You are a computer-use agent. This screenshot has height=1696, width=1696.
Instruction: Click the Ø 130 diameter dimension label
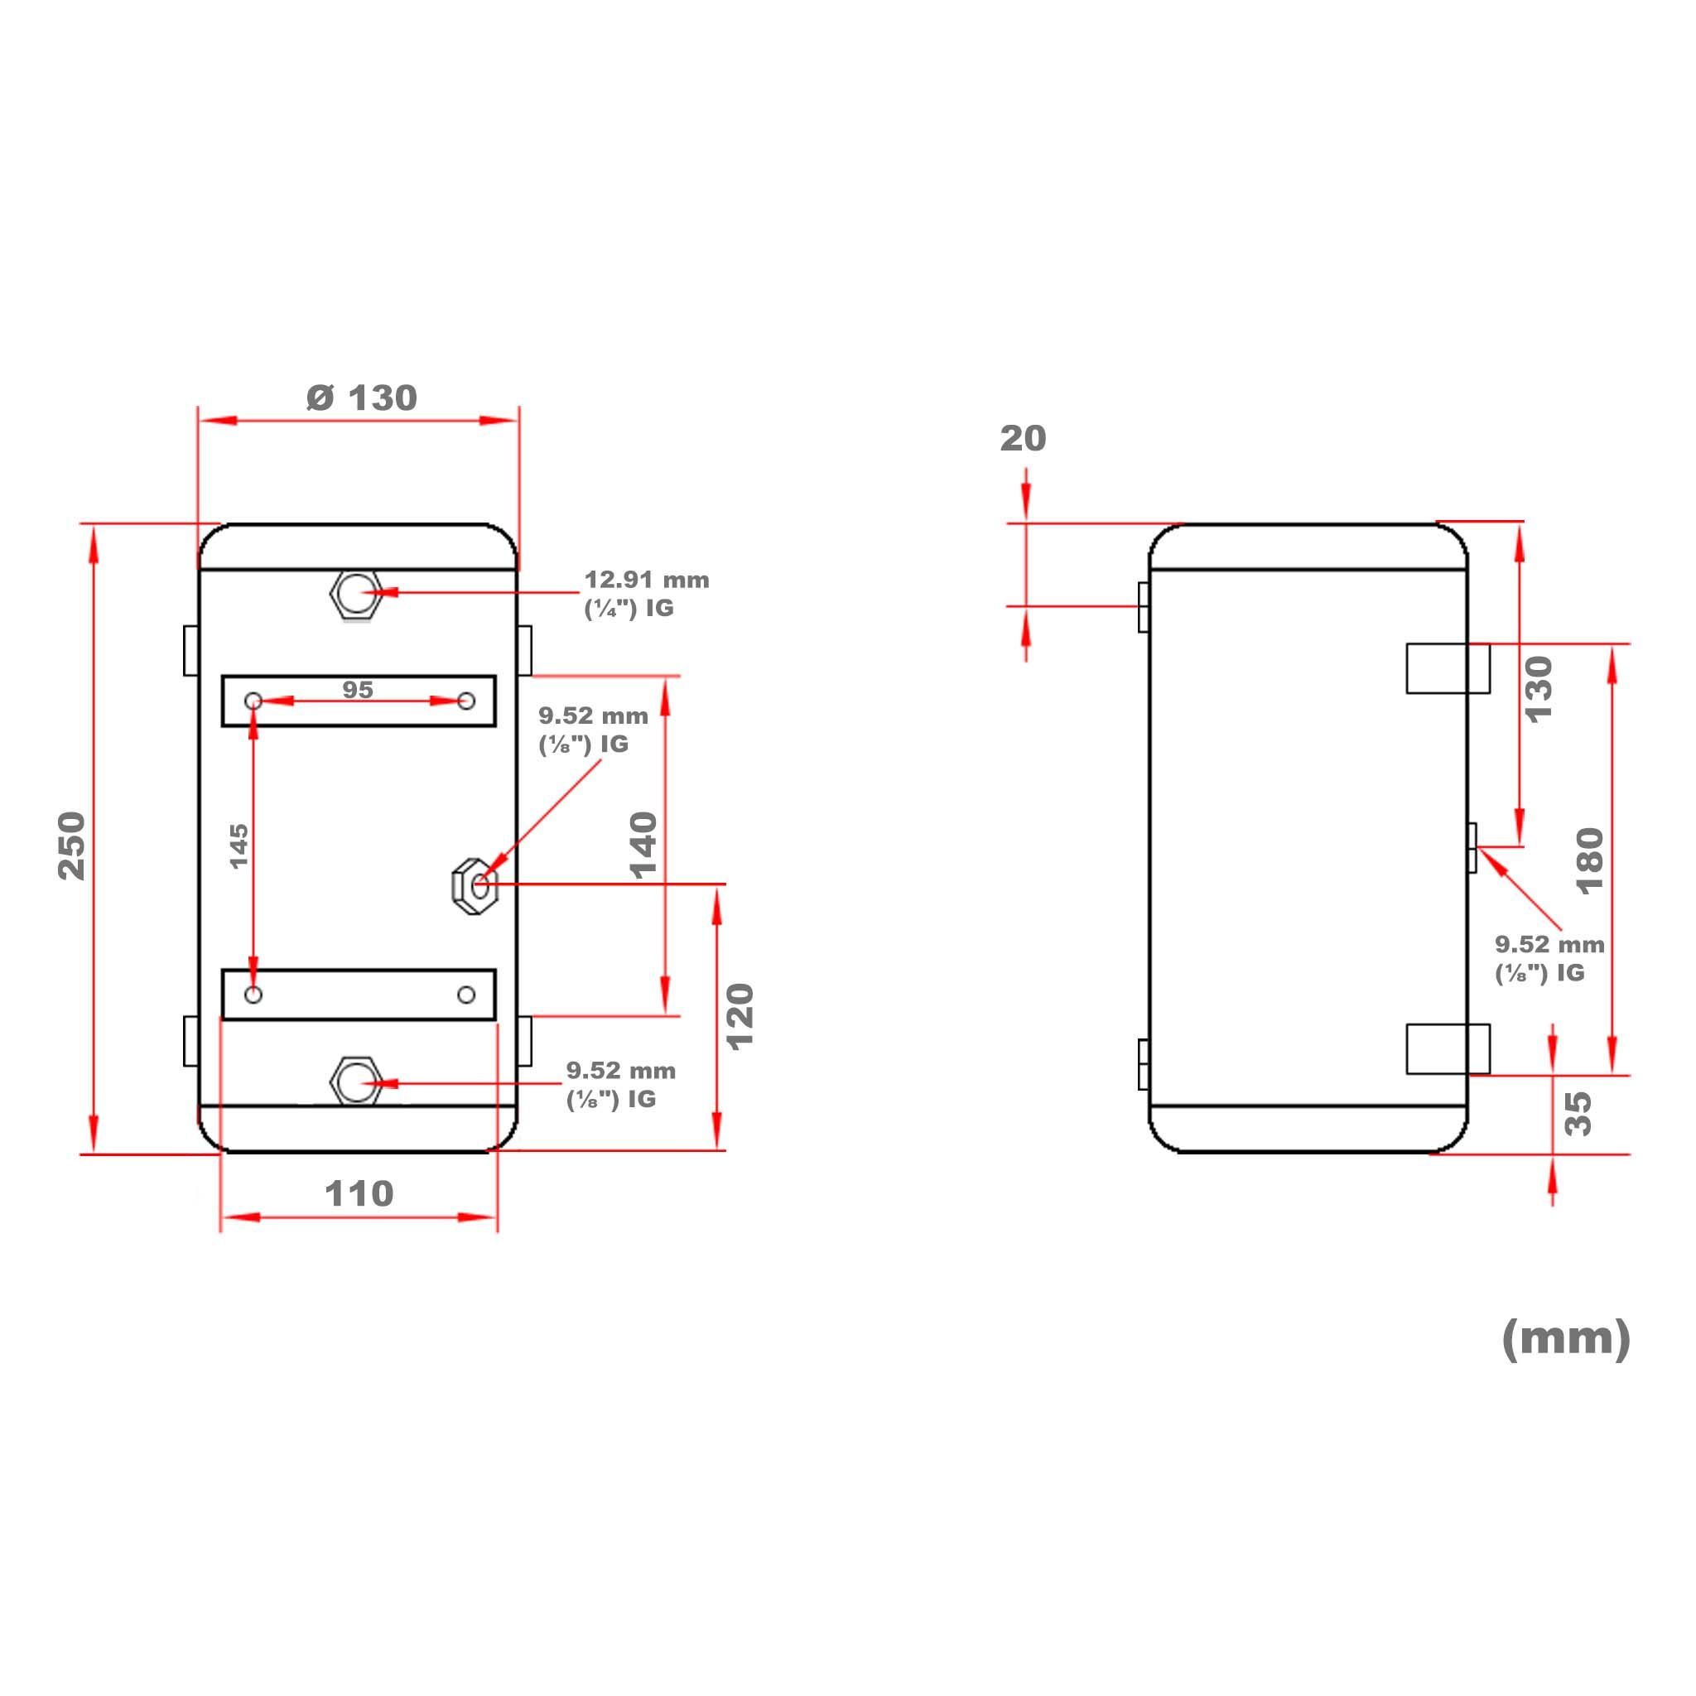362,397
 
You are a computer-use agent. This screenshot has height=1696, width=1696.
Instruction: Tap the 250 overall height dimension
72,846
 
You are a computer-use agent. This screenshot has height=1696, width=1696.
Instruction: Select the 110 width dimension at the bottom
359,1193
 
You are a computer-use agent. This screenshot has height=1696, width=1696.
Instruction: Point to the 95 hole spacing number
357,690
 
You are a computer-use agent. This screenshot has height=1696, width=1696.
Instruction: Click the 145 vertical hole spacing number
238,846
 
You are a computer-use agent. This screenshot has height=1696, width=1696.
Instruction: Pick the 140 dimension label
643,846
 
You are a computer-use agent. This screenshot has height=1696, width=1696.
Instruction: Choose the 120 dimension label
740,1017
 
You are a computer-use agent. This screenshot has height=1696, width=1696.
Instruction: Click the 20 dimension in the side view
1023,438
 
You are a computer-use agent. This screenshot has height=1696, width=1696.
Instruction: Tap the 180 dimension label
1590,861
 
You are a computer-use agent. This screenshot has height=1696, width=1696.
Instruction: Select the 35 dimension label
1578,1114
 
